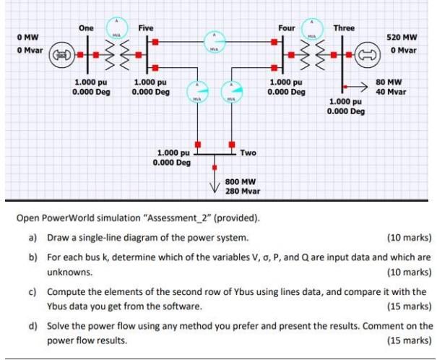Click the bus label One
[x=86, y=27]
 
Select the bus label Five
[x=145, y=27]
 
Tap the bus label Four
[x=286, y=28]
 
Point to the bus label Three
[x=344, y=28]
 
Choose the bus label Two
[x=248, y=153]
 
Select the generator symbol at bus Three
[x=368, y=54]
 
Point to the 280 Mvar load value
[x=243, y=192]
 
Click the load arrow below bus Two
[x=215, y=177]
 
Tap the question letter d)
[x=33, y=326]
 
